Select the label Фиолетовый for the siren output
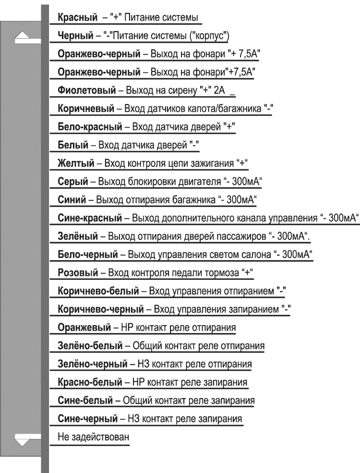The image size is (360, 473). pyautogui.click(x=86, y=90)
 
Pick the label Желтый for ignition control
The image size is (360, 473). pyautogui.click(x=75, y=163)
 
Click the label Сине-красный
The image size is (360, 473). pyautogui.click(x=88, y=218)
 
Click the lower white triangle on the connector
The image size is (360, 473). pyautogui.click(x=25, y=438)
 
